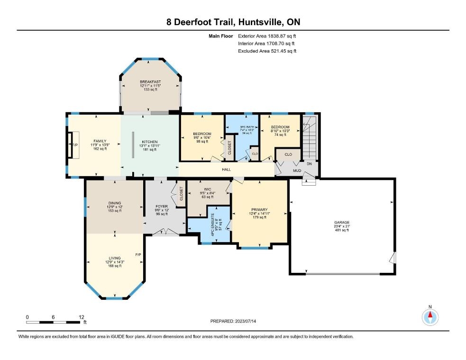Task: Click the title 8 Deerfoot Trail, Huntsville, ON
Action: [233, 22]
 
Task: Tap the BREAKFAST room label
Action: [150, 82]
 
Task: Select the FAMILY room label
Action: [100, 141]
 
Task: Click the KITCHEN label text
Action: [150, 141]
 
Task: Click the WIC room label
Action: [208, 189]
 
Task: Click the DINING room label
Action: [114, 203]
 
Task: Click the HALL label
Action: [227, 169]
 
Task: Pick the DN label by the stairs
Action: [310, 163]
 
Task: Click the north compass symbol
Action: [430, 317]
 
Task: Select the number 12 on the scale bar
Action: [82, 317]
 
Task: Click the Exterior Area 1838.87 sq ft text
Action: [269, 36]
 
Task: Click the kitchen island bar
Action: [132, 144]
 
